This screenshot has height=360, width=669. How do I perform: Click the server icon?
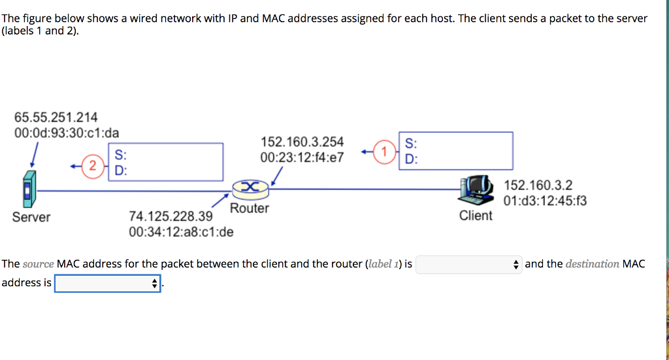pyautogui.click(x=27, y=189)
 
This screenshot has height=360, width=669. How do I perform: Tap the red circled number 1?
pyautogui.click(x=385, y=152)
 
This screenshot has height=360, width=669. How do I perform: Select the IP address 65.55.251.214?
pyautogui.click(x=56, y=118)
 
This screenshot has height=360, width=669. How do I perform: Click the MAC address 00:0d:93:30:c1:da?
pyautogui.click(x=67, y=133)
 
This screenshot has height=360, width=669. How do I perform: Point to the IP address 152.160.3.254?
pyautogui.click(x=302, y=142)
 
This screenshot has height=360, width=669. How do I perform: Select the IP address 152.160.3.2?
pyautogui.click(x=538, y=186)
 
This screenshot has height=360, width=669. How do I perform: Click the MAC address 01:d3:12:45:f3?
pyautogui.click(x=545, y=201)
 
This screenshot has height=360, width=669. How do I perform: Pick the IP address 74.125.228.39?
pyautogui.click(x=171, y=216)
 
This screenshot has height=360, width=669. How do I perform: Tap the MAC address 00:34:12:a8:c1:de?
pyautogui.click(x=181, y=231)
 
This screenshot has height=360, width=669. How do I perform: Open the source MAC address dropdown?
pyautogui.click(x=468, y=265)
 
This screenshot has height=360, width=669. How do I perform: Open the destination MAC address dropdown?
pyautogui.click(x=108, y=284)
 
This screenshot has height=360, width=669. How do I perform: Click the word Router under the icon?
pyautogui.click(x=250, y=208)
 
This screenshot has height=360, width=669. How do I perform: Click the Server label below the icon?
pyautogui.click(x=31, y=217)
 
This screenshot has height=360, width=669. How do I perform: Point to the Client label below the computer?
pyautogui.click(x=476, y=216)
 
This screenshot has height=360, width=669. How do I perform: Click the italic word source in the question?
pyautogui.click(x=39, y=265)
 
